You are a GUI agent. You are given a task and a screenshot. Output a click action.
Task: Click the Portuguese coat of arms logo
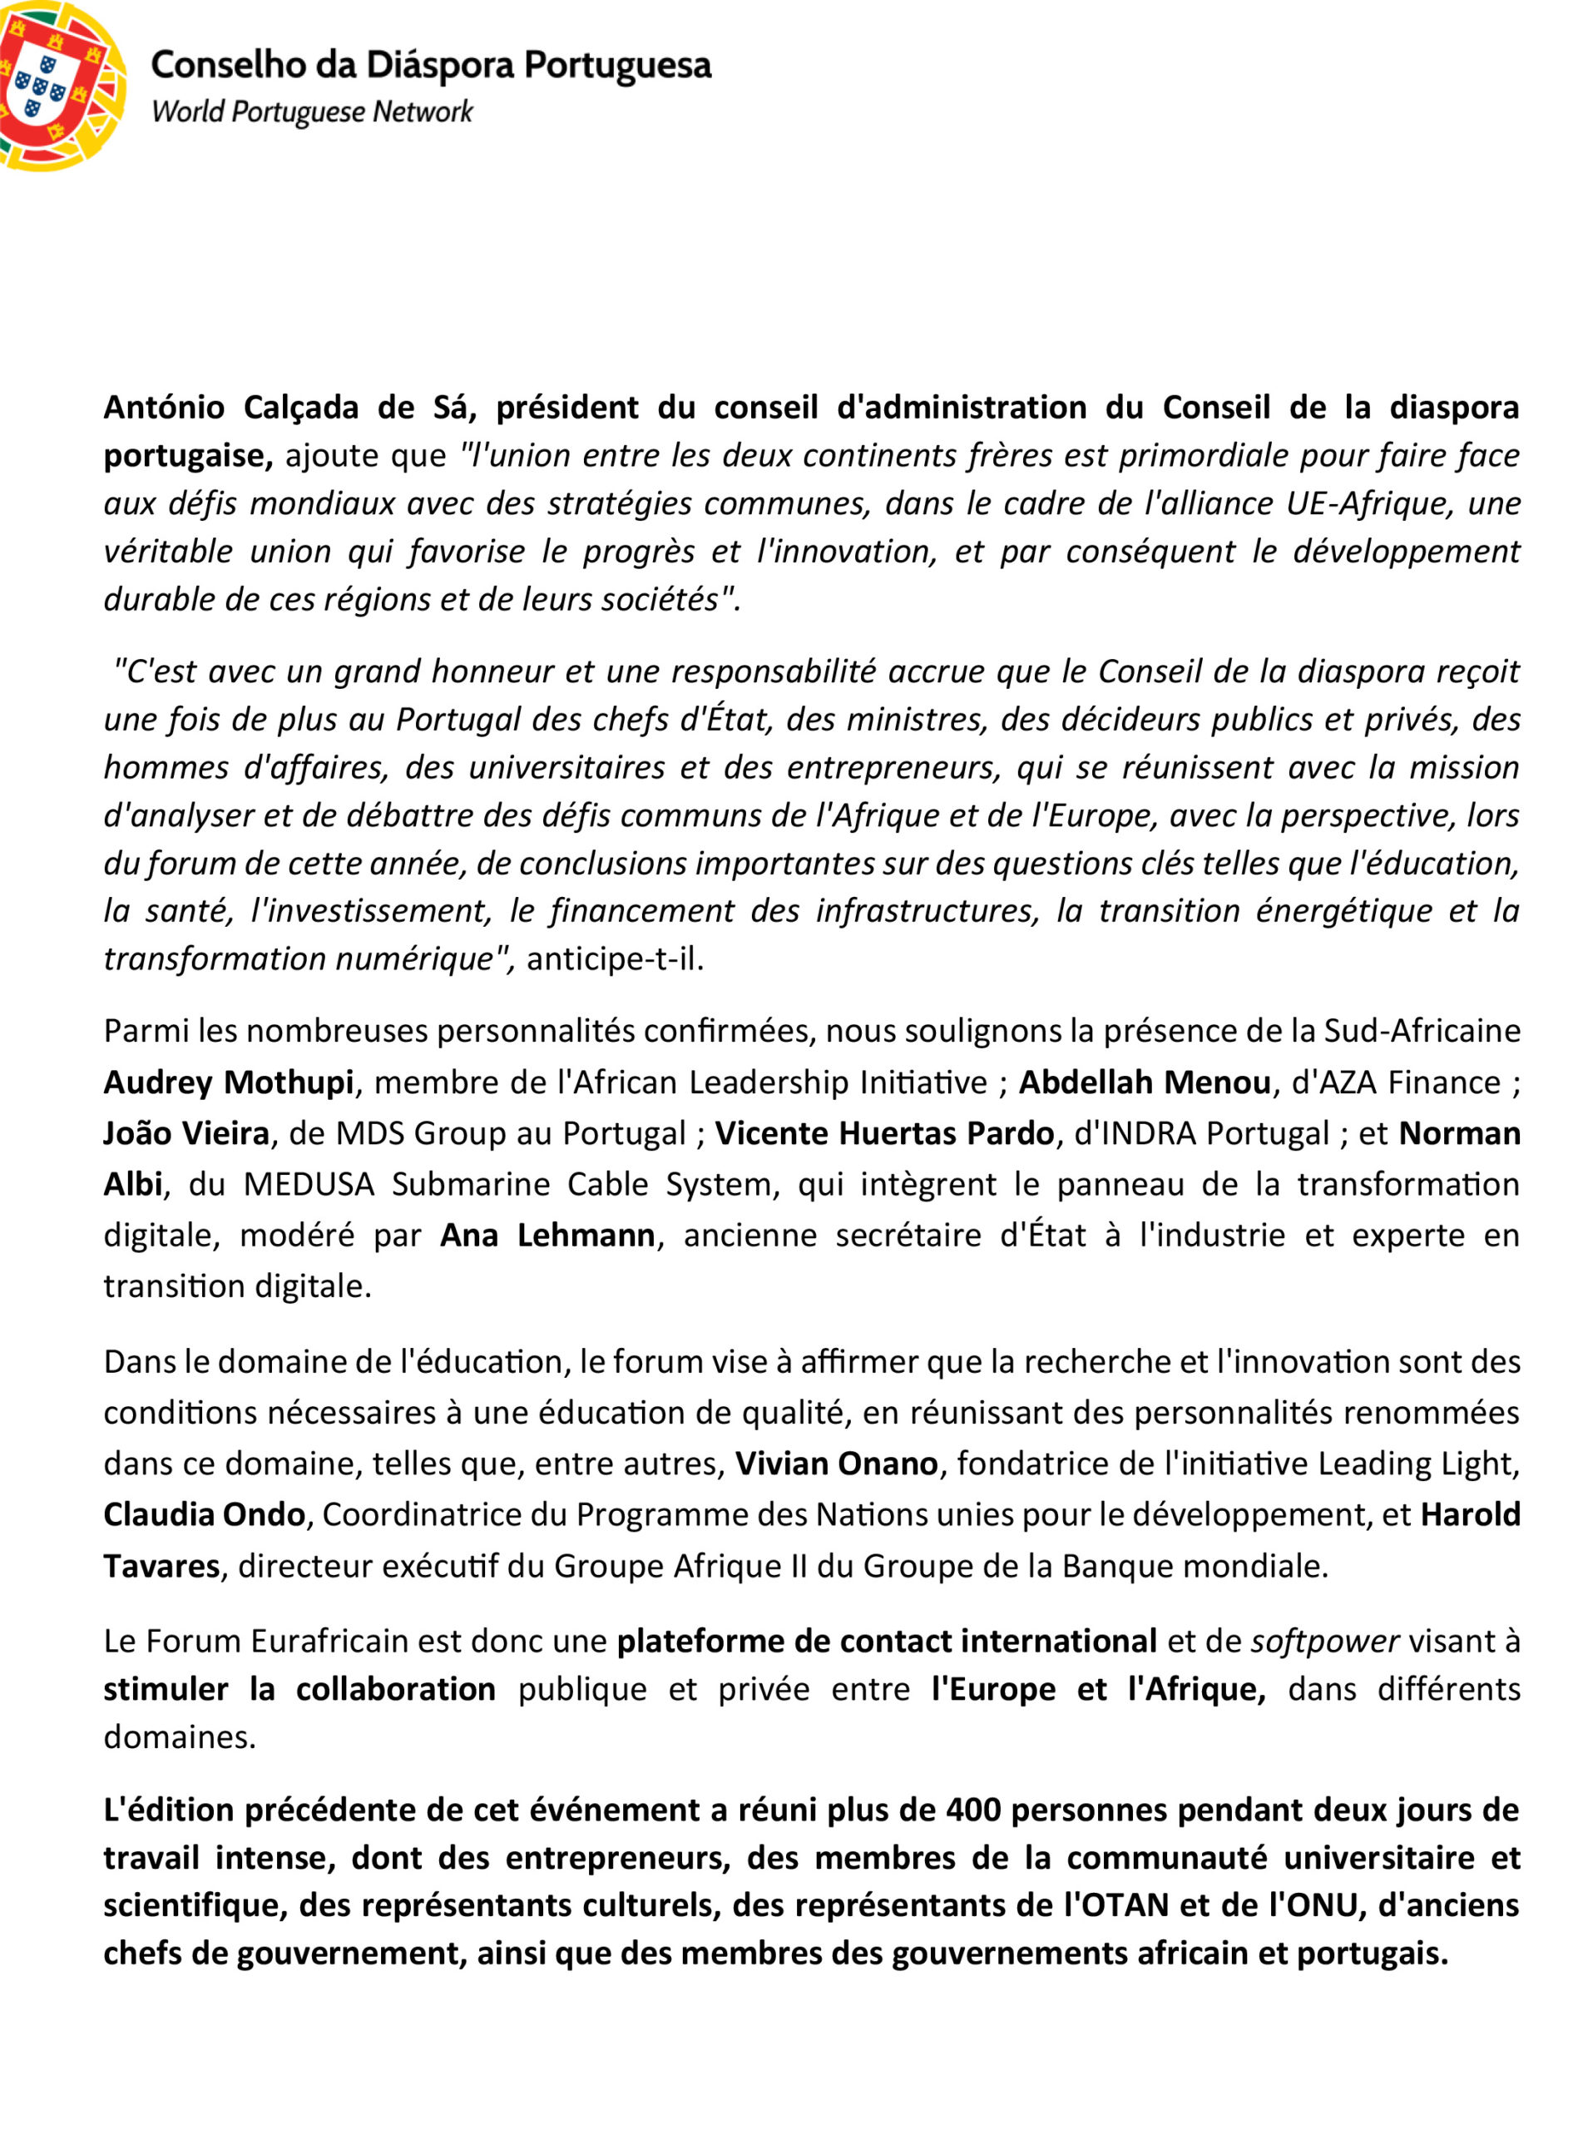(x=59, y=84)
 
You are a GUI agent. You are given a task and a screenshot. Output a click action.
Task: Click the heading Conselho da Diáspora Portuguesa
(x=431, y=65)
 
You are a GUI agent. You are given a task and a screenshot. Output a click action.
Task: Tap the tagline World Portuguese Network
(x=311, y=111)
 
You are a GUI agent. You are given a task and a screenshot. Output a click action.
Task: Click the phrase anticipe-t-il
(x=614, y=958)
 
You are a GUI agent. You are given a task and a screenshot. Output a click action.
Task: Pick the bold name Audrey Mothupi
(x=228, y=1082)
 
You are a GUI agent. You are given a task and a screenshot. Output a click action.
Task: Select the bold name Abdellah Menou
(x=1145, y=1082)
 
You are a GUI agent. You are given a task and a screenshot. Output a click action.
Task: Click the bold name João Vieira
(x=186, y=1133)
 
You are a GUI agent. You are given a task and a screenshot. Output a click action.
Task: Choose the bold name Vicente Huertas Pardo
(x=883, y=1133)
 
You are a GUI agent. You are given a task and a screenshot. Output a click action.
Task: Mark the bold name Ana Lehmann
(x=547, y=1235)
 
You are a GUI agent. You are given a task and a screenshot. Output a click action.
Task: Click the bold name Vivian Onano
(x=836, y=1464)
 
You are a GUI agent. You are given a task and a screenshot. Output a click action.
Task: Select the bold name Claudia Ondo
(x=204, y=1514)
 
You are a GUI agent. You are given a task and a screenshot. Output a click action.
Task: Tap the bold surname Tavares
(x=161, y=1566)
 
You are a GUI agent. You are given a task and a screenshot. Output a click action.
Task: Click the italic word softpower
(x=1325, y=1641)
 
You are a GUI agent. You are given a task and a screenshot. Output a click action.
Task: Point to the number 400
(x=973, y=1810)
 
